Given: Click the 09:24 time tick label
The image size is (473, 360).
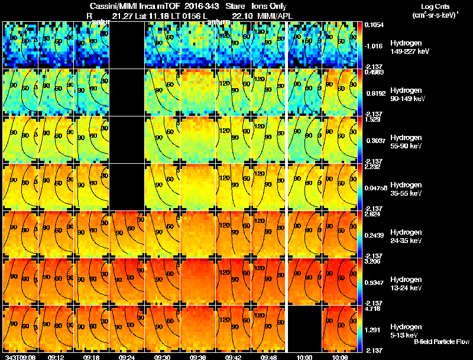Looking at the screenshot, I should [127, 356].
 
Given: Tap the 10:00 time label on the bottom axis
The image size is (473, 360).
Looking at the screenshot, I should [306, 356].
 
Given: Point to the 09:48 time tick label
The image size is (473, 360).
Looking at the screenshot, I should [269, 356].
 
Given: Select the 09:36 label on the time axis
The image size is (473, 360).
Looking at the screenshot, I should [198, 356].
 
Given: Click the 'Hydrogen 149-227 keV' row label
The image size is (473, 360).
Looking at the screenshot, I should [408, 47].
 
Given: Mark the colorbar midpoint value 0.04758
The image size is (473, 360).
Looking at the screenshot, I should [374, 187].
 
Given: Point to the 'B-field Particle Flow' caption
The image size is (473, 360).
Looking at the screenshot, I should [441, 342].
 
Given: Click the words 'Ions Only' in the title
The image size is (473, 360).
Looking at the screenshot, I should [269, 6].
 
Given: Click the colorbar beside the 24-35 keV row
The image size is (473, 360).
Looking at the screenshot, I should [360, 234].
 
